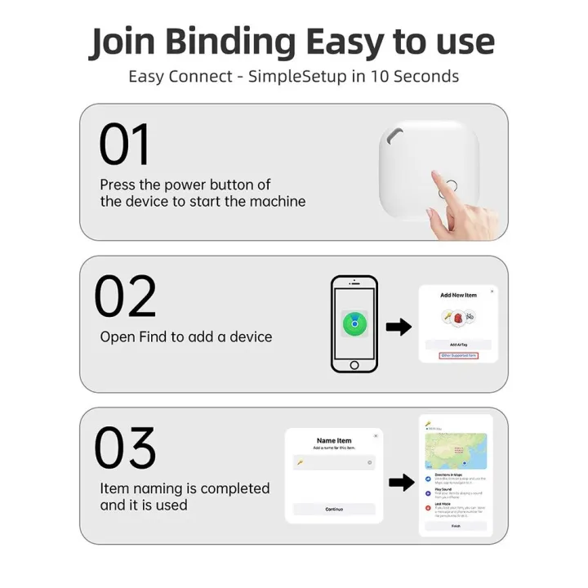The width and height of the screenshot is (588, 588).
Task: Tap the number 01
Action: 124,145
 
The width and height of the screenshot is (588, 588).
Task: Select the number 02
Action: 124,296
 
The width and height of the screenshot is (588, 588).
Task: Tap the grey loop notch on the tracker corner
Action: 394,132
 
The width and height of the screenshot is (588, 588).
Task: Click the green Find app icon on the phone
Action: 354,323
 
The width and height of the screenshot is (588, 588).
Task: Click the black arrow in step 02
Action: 399,327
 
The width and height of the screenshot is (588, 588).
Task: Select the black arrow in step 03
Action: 401,483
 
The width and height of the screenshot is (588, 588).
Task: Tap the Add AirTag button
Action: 458,345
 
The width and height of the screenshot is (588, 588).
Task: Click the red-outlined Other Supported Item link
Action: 458,356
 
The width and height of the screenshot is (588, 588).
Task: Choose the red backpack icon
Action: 458,318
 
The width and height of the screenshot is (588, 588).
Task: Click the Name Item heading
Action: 333,440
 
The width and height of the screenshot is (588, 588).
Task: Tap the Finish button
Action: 456,526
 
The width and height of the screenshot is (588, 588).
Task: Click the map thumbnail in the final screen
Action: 456,451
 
